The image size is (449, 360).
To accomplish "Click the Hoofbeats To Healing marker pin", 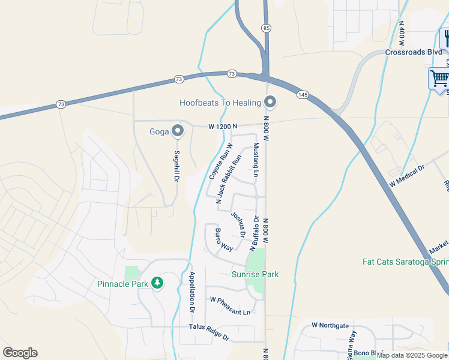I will point(270,103).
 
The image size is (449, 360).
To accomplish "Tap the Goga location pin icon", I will point(177,130).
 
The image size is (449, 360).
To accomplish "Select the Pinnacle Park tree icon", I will point(157,282).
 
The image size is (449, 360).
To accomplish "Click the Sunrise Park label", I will point(255,274).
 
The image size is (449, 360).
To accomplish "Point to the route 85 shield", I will point(266,28).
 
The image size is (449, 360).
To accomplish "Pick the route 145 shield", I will point(303,95).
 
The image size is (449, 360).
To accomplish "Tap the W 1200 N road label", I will point(223,127).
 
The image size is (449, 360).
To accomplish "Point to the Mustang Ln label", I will point(255,160).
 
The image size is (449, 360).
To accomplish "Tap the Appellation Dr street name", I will point(193,293).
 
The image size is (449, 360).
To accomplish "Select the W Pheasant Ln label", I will point(229,305).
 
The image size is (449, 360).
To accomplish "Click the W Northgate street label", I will point(330,325).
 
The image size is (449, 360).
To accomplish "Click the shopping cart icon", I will point(439,78).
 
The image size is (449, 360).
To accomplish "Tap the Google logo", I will point(20,353).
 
